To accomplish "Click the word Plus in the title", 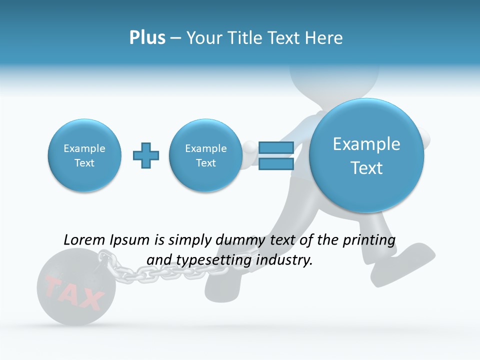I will pos(147,38).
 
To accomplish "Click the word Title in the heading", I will pos(245,38).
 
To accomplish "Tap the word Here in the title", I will pos(323,38).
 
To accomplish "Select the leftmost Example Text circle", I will pos(84,155).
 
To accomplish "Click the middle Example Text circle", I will pos(206,155).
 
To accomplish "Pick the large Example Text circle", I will pos(366,155).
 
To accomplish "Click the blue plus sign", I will pos(146,155).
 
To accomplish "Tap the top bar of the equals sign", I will pos(276,147).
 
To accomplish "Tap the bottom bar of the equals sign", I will pos(276,164).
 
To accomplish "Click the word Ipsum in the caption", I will pos(129,240).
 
